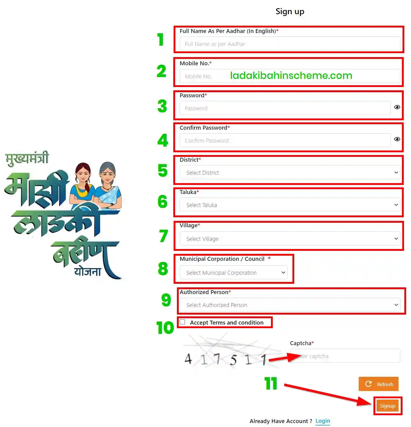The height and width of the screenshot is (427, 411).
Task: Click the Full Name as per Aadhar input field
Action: pos(290,44)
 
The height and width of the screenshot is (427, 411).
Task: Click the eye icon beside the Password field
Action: pos(397,107)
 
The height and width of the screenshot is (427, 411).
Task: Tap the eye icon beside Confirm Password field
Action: pos(397,139)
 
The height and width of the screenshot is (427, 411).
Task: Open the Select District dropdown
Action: pos(290,173)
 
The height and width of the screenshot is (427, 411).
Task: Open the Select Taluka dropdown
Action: pos(290,205)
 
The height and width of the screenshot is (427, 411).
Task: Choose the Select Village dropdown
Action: pos(290,239)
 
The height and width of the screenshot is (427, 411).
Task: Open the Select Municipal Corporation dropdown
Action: pos(233,273)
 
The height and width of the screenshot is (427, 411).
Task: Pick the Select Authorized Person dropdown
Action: pos(290,305)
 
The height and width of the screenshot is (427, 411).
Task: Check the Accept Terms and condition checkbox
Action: pos(182,322)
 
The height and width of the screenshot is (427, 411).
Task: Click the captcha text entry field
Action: pos(345,356)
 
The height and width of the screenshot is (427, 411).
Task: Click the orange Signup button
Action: pos(387,406)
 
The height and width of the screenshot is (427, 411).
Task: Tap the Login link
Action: pos(323,421)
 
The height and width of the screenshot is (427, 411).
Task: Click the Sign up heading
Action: pos(290,11)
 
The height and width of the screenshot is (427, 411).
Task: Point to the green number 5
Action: pos(163,170)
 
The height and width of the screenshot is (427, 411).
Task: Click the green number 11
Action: pos(271,383)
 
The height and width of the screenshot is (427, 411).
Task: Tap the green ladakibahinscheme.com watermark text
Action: pos(291,76)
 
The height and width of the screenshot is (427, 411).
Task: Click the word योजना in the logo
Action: pos(88,272)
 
